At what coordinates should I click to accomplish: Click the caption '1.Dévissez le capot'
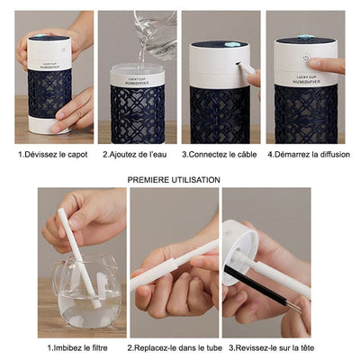coord(54,155)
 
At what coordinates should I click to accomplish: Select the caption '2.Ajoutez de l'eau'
coord(137,155)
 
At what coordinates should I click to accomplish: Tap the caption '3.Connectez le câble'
coord(220,155)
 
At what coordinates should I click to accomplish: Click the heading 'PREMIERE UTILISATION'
coord(174,180)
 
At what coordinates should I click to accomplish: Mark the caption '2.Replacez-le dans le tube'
coord(175,346)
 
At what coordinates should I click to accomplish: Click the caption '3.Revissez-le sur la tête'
coord(269,346)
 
